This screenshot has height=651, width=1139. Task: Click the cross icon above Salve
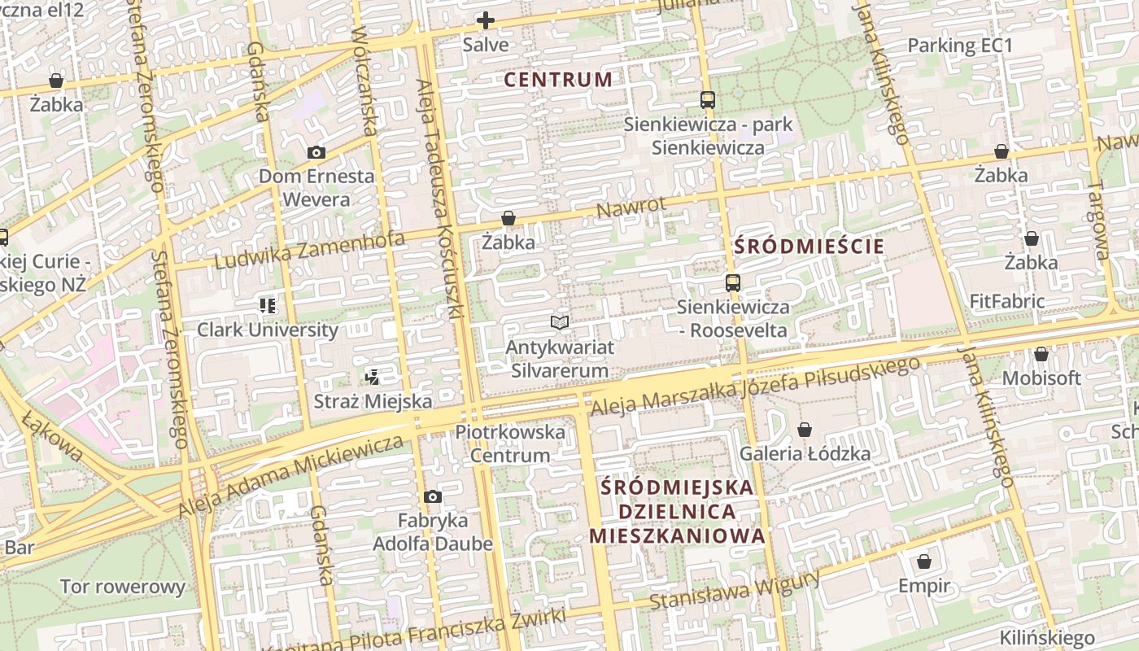tap(486, 20)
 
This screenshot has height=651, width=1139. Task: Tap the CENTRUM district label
tap(558, 80)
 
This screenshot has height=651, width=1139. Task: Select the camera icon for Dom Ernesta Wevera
tap(316, 152)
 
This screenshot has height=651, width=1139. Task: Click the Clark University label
tap(268, 330)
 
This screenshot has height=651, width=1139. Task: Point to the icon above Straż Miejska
tap(372, 377)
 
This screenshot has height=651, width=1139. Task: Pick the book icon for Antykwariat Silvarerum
tap(559, 323)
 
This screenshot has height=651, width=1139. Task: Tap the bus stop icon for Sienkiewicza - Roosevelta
tap(733, 283)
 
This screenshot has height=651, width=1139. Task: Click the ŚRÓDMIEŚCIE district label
tap(809, 247)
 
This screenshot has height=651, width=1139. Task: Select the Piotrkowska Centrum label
tap(510, 443)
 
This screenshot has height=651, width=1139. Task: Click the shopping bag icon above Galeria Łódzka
tap(805, 430)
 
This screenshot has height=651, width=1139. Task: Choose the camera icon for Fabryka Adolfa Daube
tap(433, 496)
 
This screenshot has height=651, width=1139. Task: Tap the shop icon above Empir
tap(923, 561)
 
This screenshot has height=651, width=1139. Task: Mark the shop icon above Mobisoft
tap(1041, 354)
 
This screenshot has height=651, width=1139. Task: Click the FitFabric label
tap(1007, 301)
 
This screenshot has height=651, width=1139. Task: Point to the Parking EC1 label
tap(960, 46)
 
